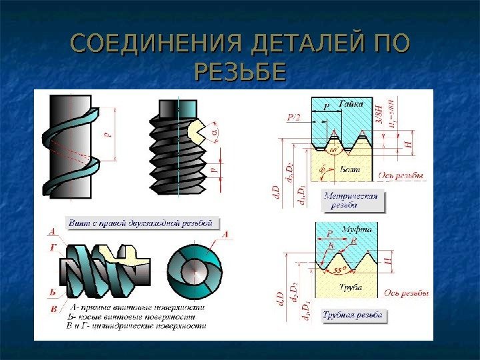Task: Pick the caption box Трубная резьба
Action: click(352, 315)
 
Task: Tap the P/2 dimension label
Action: click(293, 118)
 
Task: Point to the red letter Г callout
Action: click(52, 246)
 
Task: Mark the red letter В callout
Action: click(53, 309)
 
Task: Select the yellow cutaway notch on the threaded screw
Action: click(199, 131)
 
